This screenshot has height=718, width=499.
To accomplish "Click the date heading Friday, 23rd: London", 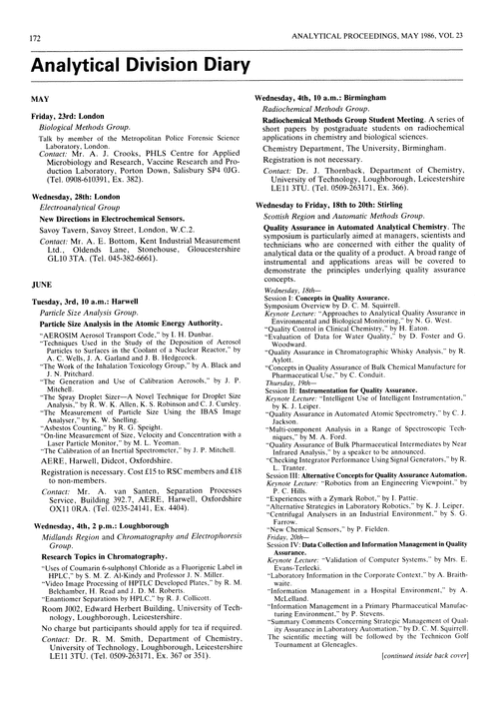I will (78, 118).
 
